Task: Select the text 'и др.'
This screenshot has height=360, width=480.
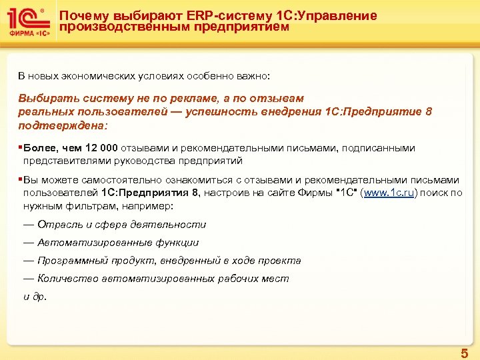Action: pyautogui.click(x=35, y=297)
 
